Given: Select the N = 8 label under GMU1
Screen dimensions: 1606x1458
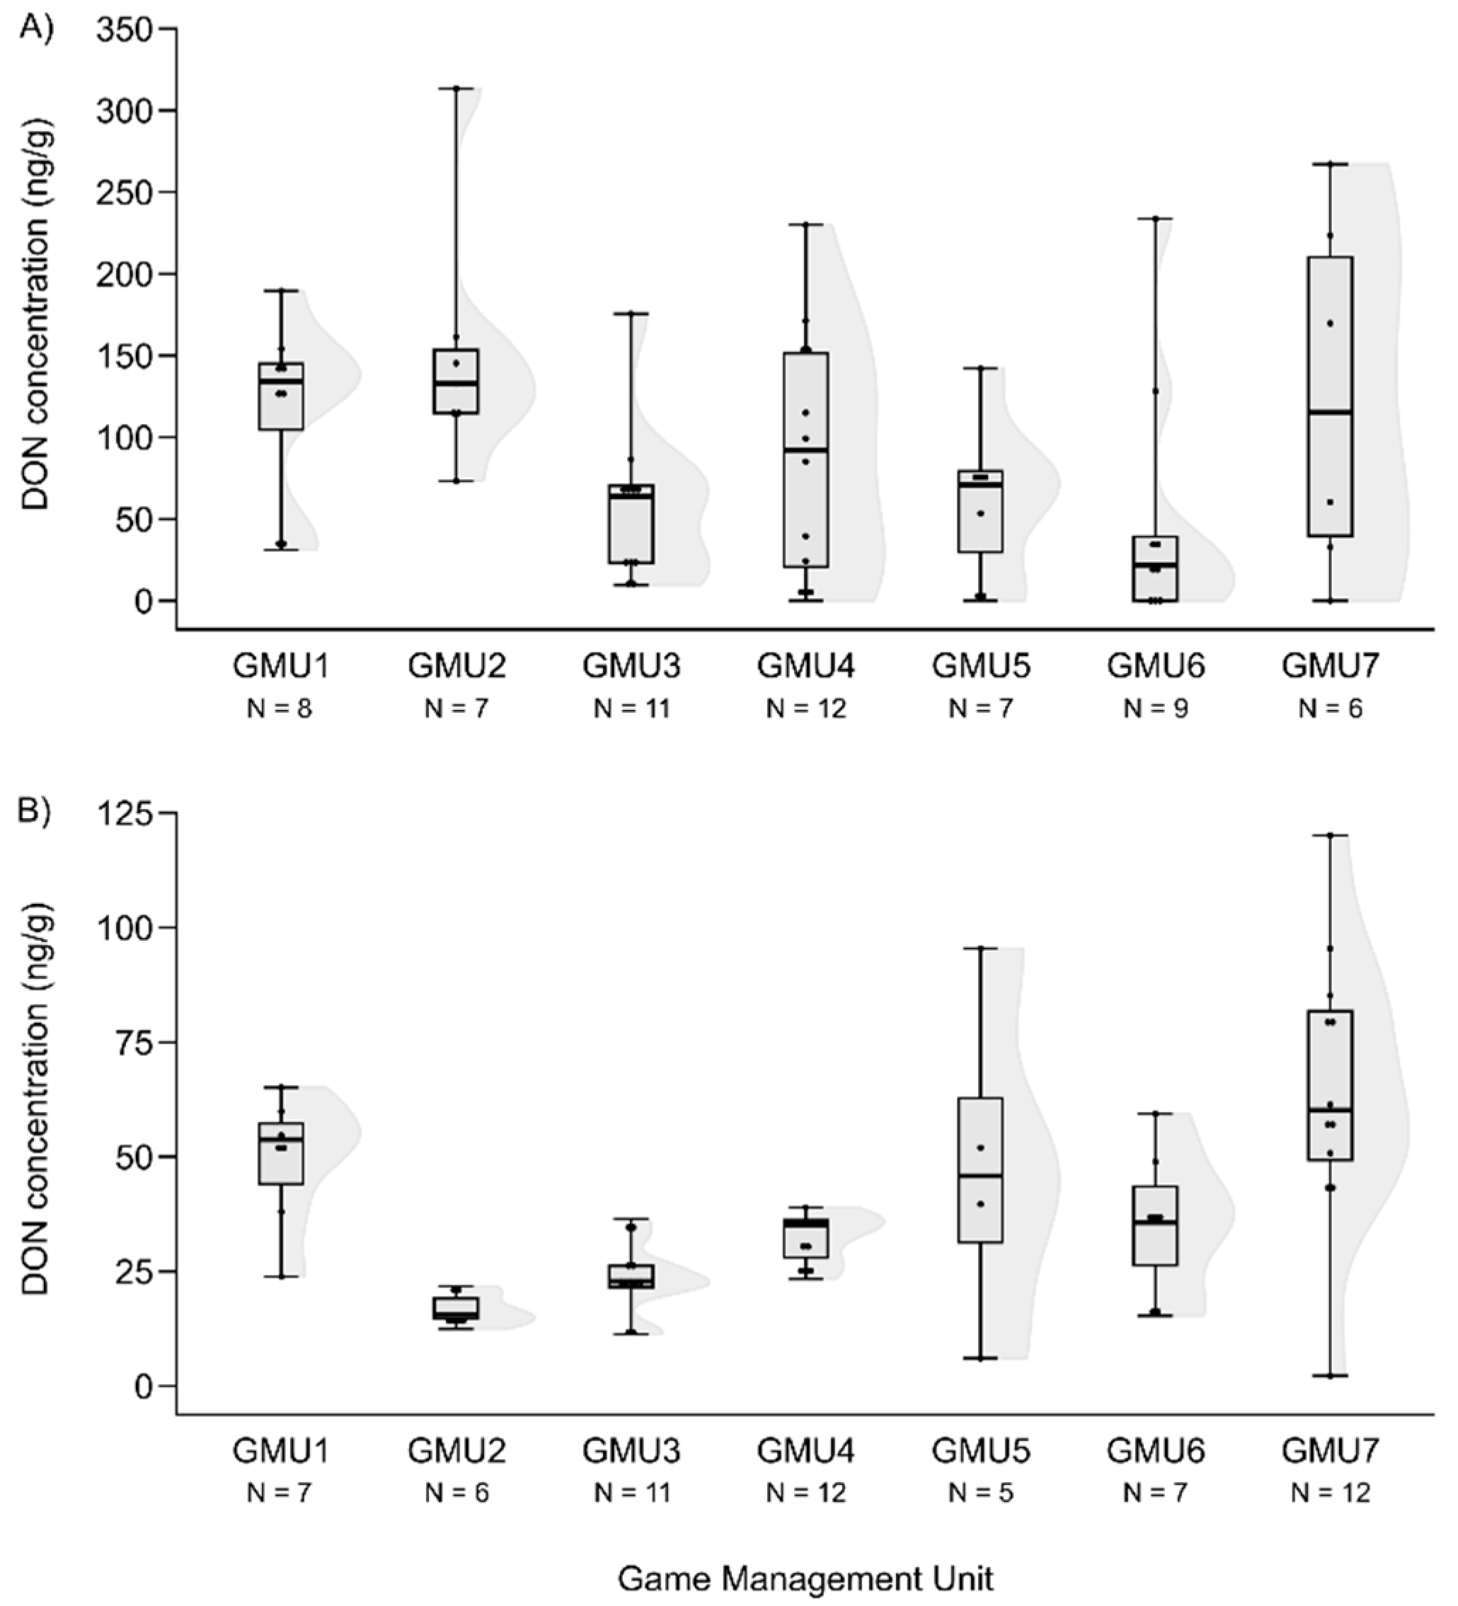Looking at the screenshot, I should coord(280,709).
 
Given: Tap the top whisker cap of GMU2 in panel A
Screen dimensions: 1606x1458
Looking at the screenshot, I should coord(456,88).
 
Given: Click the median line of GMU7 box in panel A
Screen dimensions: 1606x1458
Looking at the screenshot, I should coord(1330,412).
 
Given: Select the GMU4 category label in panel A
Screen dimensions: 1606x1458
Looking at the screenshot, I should coord(805,666).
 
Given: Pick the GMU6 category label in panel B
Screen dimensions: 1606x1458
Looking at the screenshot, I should coord(1155,1451).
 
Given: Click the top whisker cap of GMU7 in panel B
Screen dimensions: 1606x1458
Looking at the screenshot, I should coord(1330,835).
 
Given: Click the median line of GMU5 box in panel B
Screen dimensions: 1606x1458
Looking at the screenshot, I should coord(981,1176).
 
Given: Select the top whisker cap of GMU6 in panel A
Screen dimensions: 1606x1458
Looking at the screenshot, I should coord(1155,218).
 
